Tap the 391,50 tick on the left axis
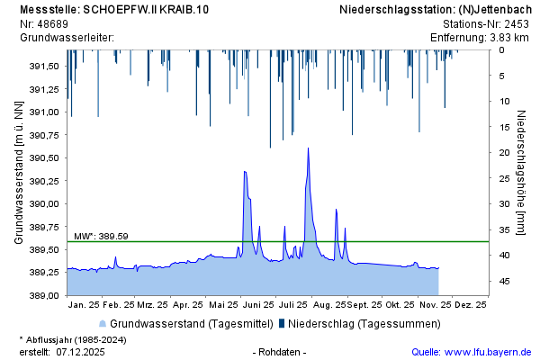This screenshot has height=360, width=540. (43, 67)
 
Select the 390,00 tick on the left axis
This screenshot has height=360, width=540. (43, 204)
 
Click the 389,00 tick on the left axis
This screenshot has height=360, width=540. (43, 296)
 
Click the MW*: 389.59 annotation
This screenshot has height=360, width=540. (101, 236)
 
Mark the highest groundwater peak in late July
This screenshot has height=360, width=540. (308, 148)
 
